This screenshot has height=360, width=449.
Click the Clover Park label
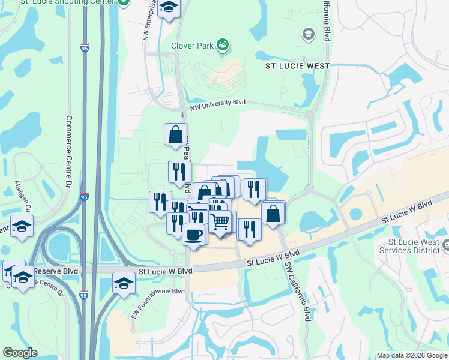192,45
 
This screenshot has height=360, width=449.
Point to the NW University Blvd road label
218,105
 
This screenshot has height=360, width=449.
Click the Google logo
20,353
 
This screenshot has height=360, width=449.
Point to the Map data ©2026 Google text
411,355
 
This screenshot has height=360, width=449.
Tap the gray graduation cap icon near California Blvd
309,34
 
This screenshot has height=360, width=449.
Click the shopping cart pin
220,221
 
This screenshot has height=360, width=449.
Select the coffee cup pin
193,234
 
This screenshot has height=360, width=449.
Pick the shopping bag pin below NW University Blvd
175,135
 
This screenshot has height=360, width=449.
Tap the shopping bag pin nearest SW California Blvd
273,214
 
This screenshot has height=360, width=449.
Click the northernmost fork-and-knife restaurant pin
179,172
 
